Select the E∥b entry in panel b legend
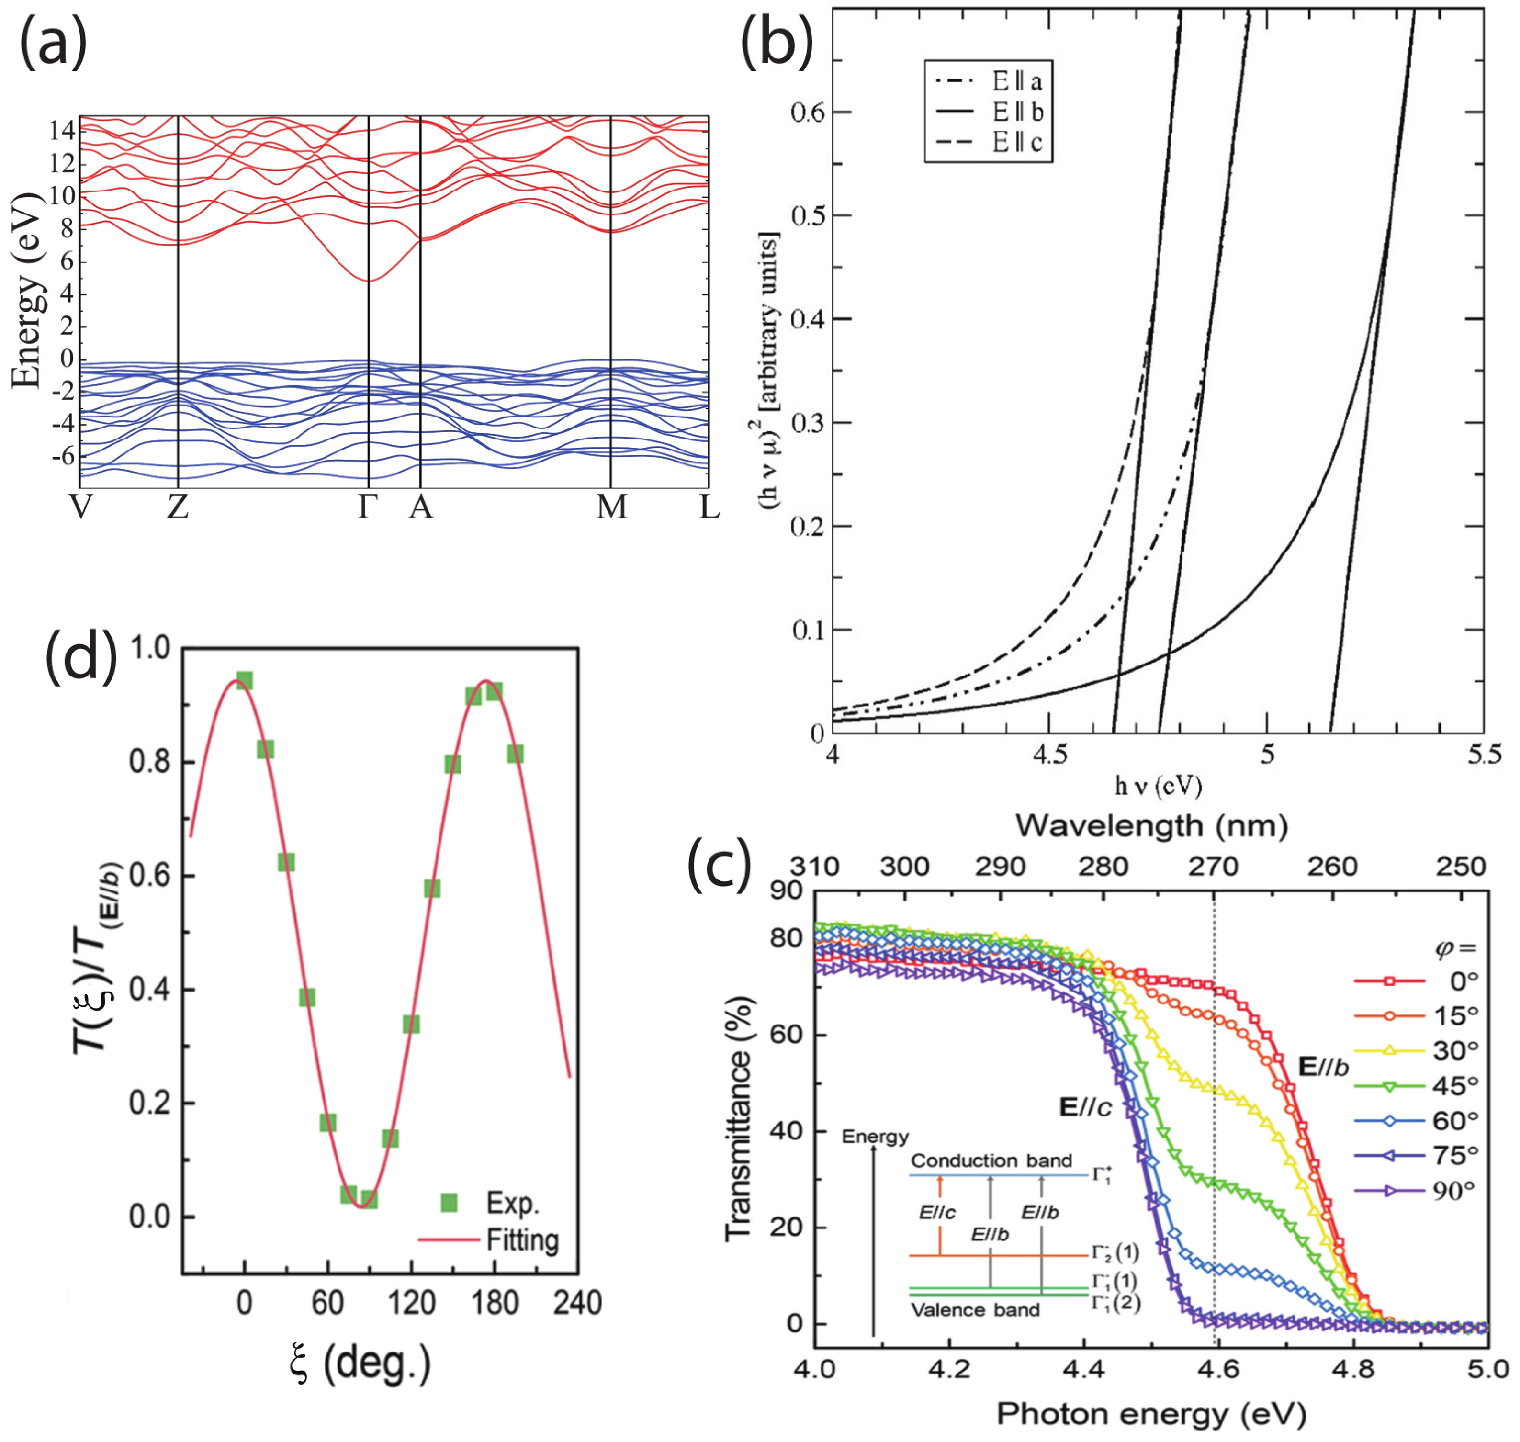tap(1016, 112)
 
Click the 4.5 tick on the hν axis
tap(1049, 756)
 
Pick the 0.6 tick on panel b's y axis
tap(807, 113)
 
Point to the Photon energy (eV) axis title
tap(1151, 1413)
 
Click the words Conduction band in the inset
tap(991, 1161)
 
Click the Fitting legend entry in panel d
tap(523, 1240)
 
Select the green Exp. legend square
tap(450, 1203)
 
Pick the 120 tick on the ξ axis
tap(411, 1303)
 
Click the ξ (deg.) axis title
tap(361, 1364)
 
